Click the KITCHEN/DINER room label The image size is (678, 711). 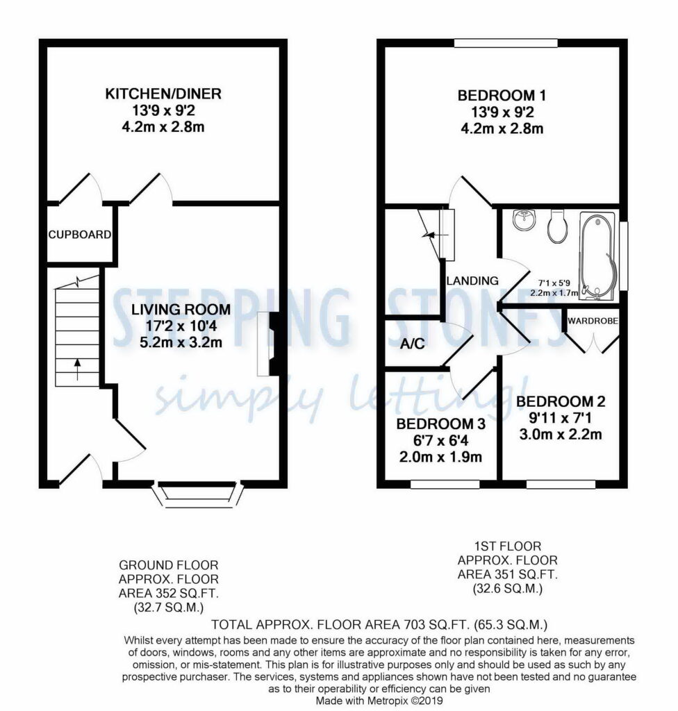pos(163,94)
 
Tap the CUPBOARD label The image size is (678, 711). pos(79,235)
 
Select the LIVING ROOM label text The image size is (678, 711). pos(181,310)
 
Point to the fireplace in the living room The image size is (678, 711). pos(268,344)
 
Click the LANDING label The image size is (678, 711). pos(472,281)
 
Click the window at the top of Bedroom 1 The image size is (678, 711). pos(506,43)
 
